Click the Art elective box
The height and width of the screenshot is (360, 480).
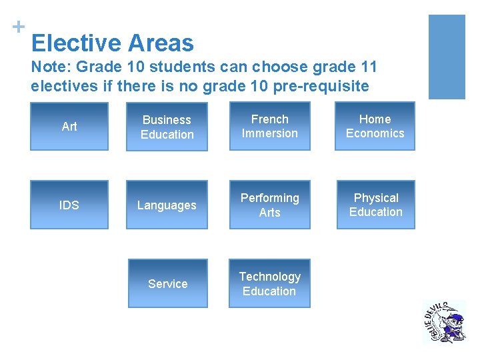click(x=69, y=126)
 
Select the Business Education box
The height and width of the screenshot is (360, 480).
click(x=167, y=127)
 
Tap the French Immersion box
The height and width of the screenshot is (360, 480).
click(x=269, y=126)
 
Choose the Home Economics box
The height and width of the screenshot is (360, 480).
click(x=375, y=126)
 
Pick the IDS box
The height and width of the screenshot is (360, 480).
click(x=69, y=205)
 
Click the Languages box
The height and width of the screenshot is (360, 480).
click(x=167, y=205)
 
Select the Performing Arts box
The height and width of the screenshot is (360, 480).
click(x=269, y=205)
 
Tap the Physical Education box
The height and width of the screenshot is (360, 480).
click(x=376, y=205)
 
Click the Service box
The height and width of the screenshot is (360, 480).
click(x=167, y=283)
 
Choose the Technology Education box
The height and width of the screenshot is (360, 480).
click(x=269, y=283)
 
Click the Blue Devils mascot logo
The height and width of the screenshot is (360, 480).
click(x=444, y=321)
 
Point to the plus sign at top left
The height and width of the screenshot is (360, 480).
click(x=18, y=27)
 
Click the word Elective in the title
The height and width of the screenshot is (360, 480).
click(x=76, y=44)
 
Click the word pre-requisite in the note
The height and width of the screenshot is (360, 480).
click(x=313, y=86)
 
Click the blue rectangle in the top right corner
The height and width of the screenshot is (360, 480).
click(x=446, y=57)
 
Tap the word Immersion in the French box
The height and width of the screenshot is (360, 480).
click(x=269, y=133)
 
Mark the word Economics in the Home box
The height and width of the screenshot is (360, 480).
click(x=375, y=133)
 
